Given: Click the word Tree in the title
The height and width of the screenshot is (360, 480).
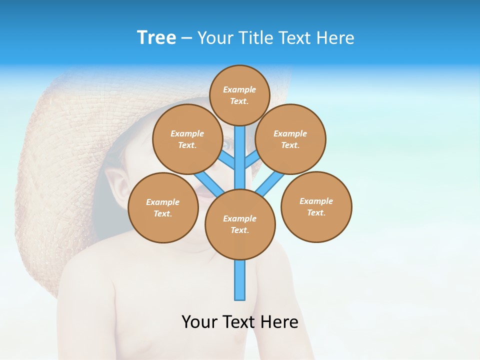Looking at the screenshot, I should (156, 37).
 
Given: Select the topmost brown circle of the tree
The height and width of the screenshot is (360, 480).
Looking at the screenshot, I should (239, 95).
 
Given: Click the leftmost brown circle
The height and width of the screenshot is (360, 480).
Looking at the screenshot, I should (163, 207).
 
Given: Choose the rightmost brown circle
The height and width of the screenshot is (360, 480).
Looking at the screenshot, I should (316, 206).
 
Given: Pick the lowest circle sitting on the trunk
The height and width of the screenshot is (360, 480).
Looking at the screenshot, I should (240, 224).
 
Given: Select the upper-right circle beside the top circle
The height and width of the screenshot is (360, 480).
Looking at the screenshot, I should (290, 139).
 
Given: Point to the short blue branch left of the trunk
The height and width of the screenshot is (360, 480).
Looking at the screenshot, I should (227, 160).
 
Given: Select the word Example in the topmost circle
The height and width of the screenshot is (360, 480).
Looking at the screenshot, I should (239, 89).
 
